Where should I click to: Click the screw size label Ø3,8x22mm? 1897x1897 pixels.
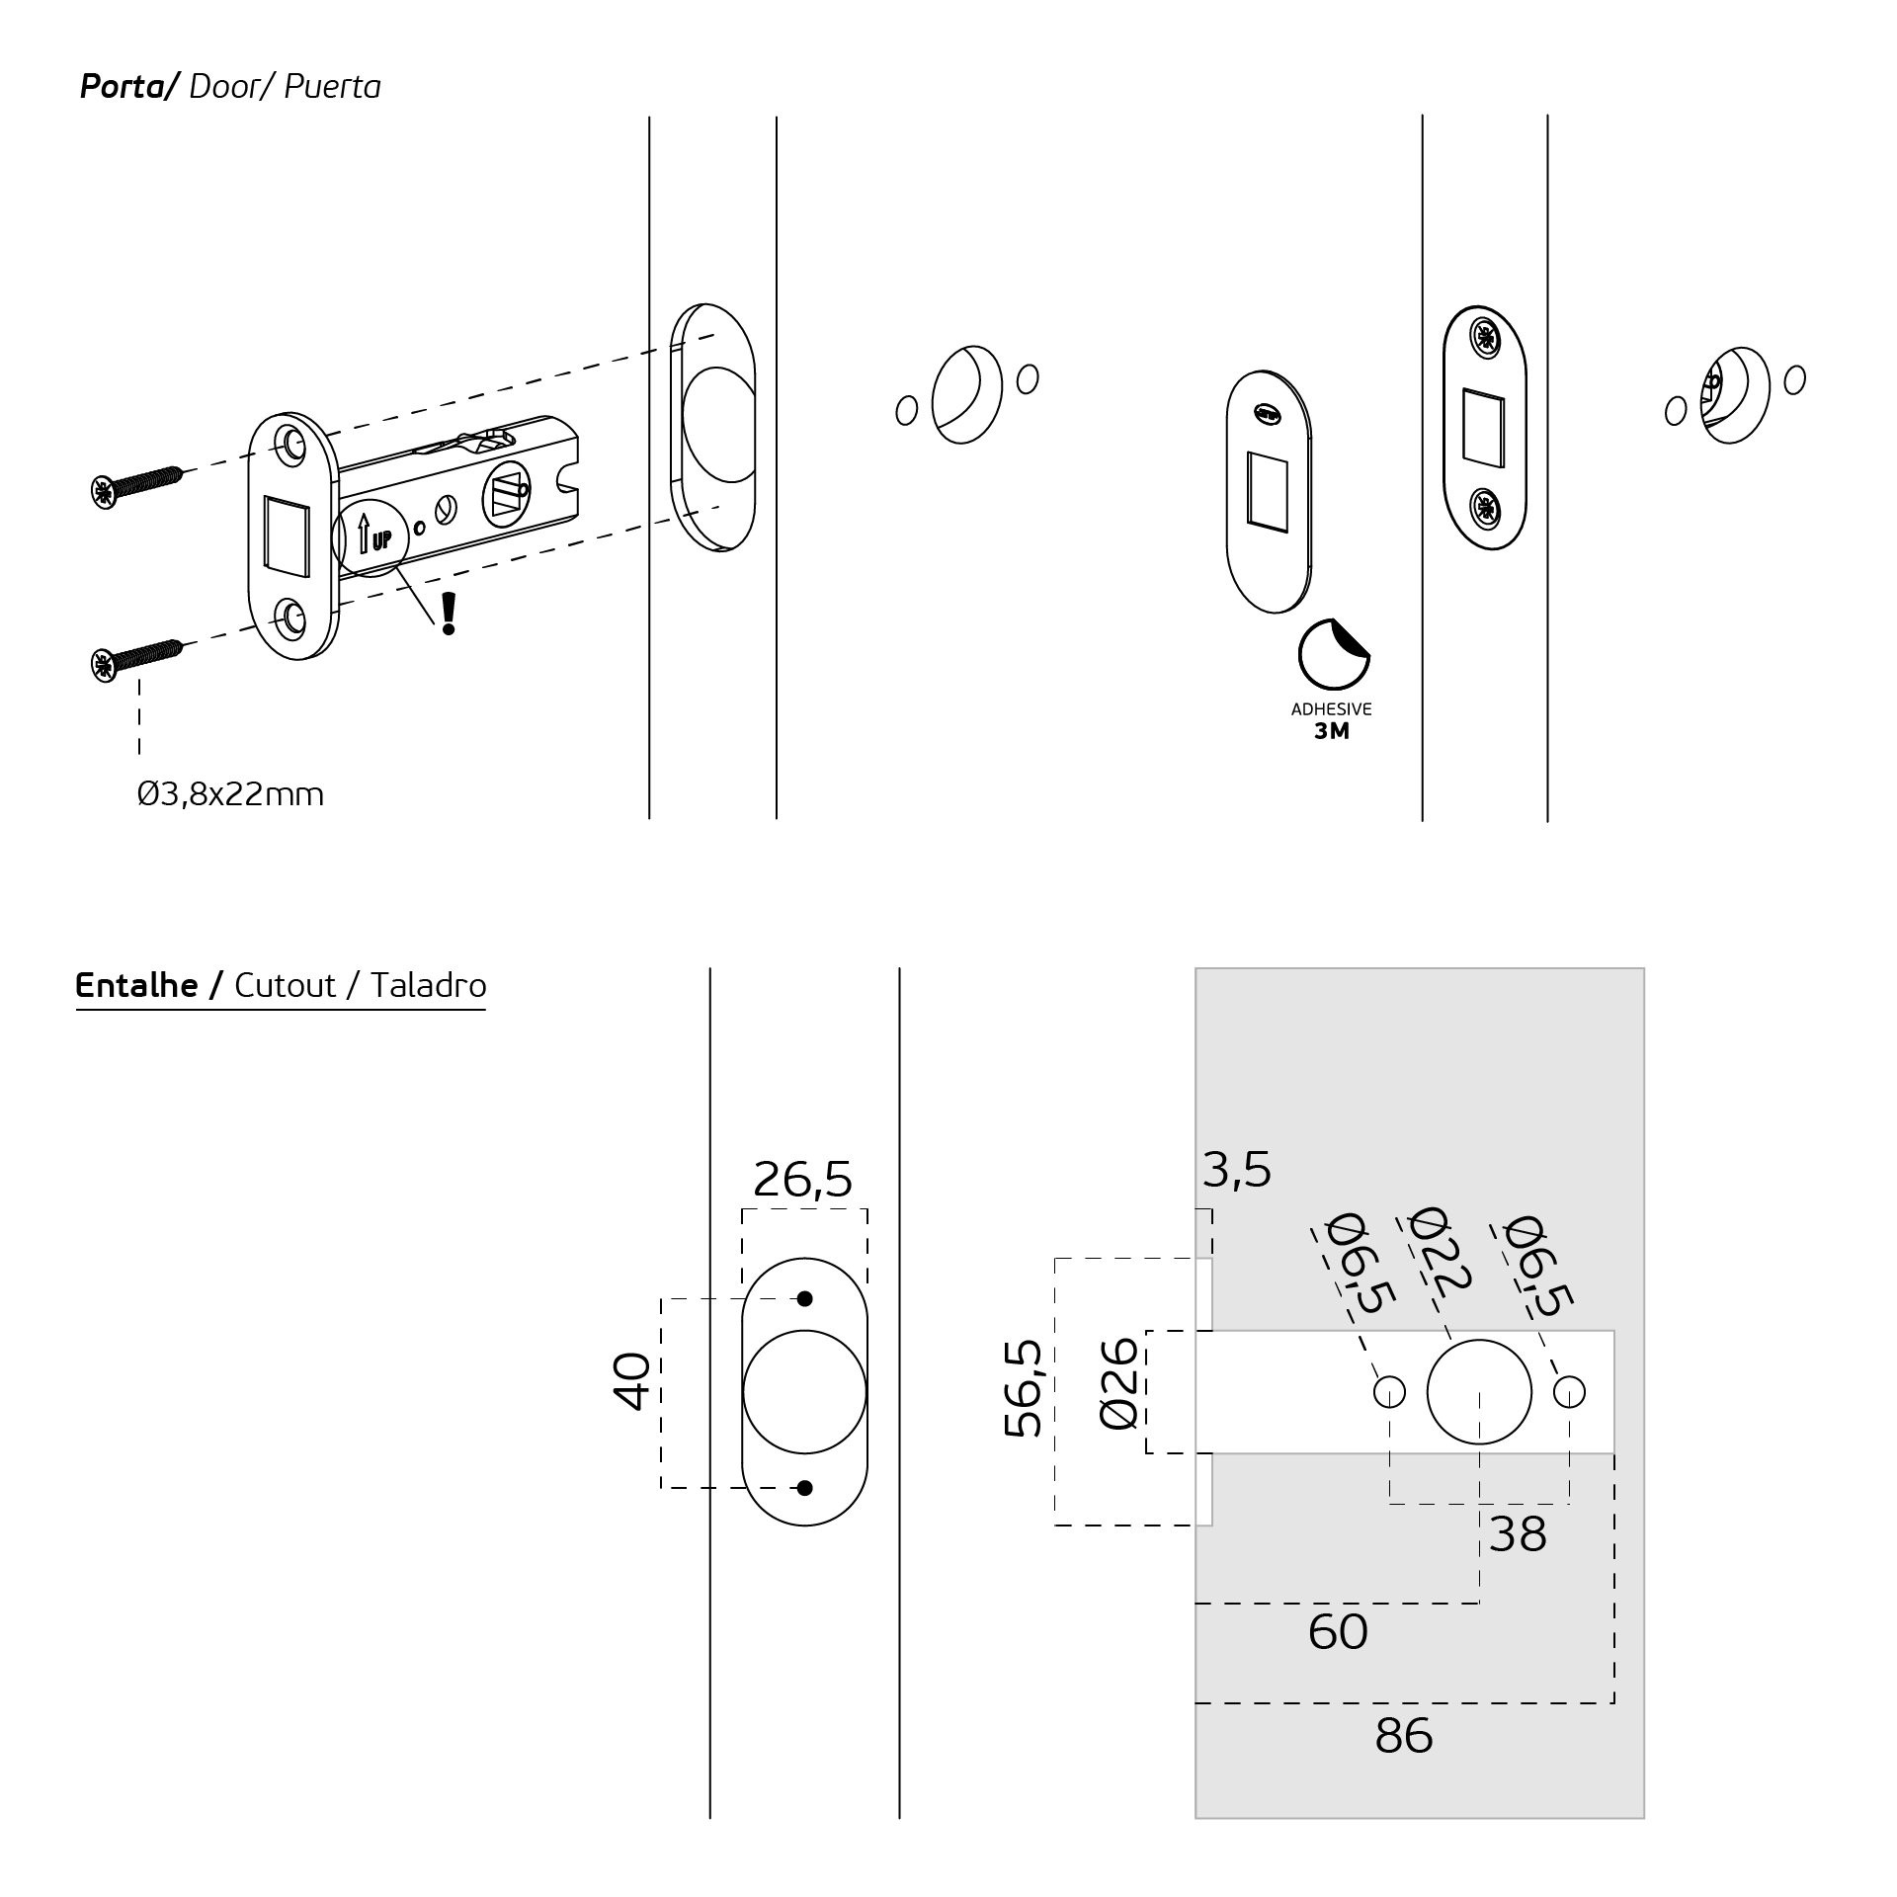[230, 794]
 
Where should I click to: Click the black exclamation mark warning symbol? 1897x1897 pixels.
[449, 614]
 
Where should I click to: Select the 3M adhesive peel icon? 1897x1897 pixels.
[1333, 653]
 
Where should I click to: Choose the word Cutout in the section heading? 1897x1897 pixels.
[285, 985]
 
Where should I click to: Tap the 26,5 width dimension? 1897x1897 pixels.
[802, 1179]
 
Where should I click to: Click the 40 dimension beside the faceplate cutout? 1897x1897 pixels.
[631, 1380]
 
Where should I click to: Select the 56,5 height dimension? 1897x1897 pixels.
[1024, 1387]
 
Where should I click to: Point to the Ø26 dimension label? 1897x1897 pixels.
[1118, 1382]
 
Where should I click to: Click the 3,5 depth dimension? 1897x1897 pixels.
[1237, 1170]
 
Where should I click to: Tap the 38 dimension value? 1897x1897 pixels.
[1518, 1534]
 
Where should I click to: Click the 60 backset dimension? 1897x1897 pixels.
[1338, 1631]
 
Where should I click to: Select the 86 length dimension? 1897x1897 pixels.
[1403, 1736]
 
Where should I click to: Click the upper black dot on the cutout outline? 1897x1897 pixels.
[804, 1298]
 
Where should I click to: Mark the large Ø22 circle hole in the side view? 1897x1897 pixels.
[1479, 1392]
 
